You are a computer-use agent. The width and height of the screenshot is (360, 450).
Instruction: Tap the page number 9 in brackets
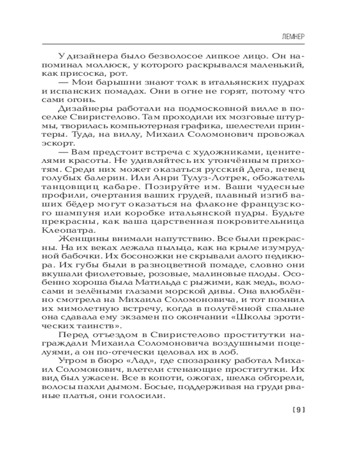pyautogui.click(x=299, y=409)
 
